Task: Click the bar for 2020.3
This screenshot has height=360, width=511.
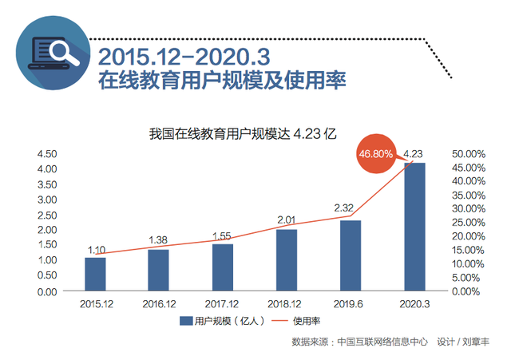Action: tap(414, 227)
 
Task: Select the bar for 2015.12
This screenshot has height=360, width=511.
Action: tap(95, 274)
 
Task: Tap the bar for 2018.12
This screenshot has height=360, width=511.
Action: tap(287, 260)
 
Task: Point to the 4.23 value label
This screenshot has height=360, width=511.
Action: tap(414, 154)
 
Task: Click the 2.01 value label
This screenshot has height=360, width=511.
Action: tap(287, 220)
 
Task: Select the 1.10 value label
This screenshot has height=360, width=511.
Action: tap(96, 250)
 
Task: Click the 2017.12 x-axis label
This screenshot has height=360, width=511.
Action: tap(223, 303)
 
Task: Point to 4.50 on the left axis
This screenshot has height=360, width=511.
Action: tap(47, 153)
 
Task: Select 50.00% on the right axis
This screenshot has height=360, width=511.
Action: tap(469, 153)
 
